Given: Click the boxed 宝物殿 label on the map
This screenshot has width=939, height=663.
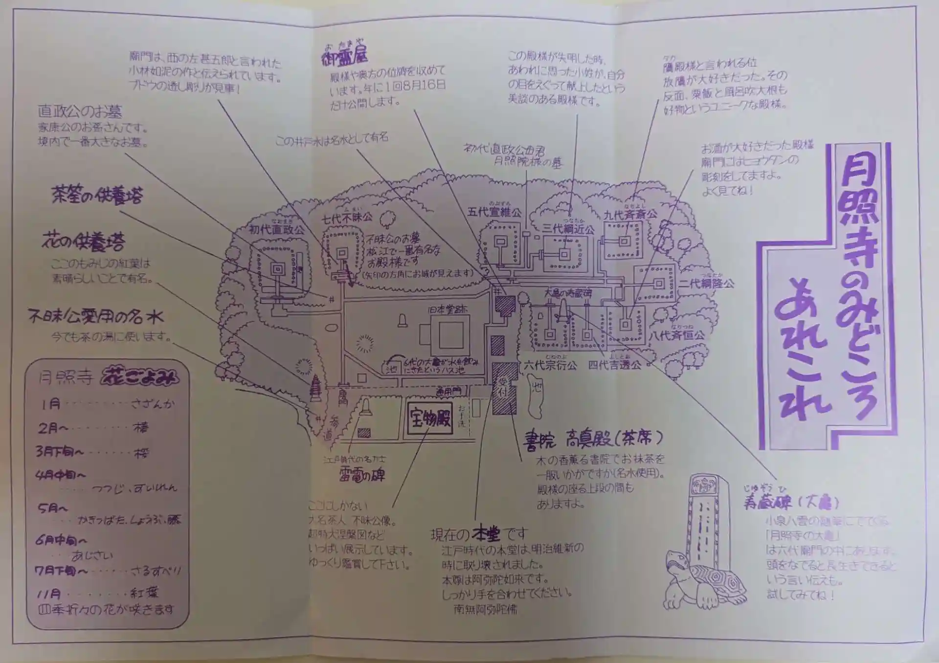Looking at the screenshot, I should click(430, 419).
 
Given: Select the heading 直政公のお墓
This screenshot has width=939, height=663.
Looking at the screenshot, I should click(80, 111).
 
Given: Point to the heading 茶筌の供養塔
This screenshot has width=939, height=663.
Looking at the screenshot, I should click(97, 196).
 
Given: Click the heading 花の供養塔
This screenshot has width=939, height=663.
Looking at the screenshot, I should click(83, 241).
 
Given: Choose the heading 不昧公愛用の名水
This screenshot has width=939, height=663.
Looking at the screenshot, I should click(96, 317).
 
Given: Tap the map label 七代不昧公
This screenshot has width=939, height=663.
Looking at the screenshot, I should click(346, 218).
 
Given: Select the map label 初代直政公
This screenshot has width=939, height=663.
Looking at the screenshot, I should click(276, 229).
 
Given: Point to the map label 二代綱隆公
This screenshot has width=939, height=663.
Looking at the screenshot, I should click(706, 283).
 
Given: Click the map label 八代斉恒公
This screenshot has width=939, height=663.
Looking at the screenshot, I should click(677, 335).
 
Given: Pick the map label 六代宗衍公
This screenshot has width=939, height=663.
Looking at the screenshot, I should click(550, 365).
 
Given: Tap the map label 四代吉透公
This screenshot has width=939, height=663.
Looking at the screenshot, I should click(614, 365).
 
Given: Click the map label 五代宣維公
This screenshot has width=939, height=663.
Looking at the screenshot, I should click(494, 212).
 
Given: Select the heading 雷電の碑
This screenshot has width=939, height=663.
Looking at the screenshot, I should click(362, 474).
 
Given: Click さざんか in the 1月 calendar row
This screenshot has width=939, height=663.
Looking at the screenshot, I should click(152, 404).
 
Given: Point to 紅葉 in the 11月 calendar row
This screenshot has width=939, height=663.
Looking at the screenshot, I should click(144, 593).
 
